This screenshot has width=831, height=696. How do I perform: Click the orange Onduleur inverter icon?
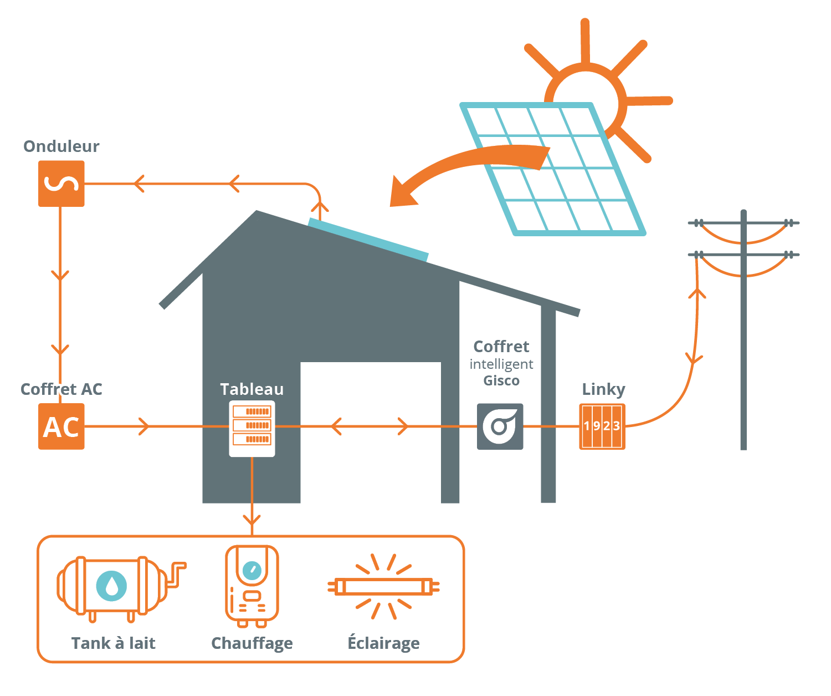[61, 184]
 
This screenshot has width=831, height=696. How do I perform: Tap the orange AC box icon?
[61, 426]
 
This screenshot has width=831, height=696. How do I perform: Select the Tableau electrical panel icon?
[252, 428]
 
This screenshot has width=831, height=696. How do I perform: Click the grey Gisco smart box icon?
[500, 426]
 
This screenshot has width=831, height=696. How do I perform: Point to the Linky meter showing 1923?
[602, 426]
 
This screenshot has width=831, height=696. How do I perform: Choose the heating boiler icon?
[252, 586]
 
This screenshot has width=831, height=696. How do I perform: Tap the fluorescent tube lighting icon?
[383, 586]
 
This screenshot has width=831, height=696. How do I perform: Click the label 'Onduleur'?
[61, 146]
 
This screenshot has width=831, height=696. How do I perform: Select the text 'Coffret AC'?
[61, 389]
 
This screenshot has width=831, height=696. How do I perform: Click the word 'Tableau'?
[252, 389]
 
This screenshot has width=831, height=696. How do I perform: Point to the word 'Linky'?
[603, 389]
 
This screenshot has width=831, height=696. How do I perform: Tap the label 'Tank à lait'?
[114, 643]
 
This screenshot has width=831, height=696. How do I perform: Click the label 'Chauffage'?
[252, 643]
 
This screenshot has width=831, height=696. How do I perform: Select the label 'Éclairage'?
[383, 643]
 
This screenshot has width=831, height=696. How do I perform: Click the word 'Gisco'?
[501, 380]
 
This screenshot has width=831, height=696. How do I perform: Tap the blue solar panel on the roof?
[368, 240]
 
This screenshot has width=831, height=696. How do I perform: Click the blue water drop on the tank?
[112, 586]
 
